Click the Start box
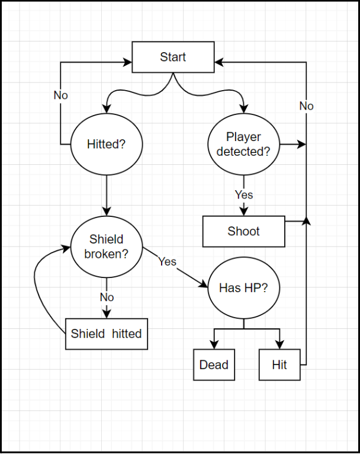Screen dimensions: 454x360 (173, 57)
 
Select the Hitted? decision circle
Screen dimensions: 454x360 (107, 144)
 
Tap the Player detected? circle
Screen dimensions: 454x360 (243, 144)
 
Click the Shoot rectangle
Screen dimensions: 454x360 (243, 231)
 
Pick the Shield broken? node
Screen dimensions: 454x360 (107, 247)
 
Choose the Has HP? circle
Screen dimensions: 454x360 (243, 289)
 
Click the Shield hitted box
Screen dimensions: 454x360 (107, 334)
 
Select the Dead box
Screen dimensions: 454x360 (214, 365)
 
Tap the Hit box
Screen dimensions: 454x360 (279, 365)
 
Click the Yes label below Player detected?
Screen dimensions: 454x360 (243, 194)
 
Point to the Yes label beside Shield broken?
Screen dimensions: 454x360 (167, 261)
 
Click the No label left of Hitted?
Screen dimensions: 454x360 (60, 95)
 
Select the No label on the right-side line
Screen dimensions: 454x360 (306, 106)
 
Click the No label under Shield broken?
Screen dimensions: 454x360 (107, 297)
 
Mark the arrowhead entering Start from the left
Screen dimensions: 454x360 (127, 60)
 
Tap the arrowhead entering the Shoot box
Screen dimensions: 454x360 (243, 212)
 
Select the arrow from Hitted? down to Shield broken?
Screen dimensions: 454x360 (107, 196)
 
